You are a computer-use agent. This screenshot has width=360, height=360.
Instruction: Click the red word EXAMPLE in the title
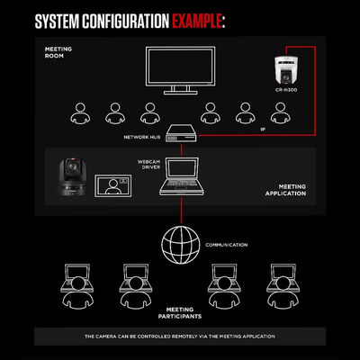coord(197,22)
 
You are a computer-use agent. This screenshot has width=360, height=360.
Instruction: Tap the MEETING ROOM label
coord(58,52)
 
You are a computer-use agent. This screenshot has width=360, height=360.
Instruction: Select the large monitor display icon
coord(181,70)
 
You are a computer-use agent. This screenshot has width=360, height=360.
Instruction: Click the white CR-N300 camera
coord(285,71)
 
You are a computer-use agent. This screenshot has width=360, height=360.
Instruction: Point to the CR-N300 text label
coord(286,90)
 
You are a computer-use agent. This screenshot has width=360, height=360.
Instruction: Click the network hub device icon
coord(182,134)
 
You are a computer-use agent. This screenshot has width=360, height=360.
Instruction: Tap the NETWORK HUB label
coord(142,137)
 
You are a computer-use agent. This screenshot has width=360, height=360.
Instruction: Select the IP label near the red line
coord(263,130)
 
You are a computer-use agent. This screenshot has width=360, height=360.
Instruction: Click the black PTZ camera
coord(72,177)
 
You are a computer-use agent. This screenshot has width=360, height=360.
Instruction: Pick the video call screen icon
coord(113,185)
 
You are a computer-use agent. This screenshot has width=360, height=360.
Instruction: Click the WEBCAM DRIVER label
coord(148,165)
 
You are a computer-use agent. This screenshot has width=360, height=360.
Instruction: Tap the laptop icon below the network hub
coord(182,176)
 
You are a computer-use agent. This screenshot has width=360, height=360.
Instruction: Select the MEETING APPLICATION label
coord(285,190)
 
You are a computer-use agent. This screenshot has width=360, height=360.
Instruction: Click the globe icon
coord(181,245)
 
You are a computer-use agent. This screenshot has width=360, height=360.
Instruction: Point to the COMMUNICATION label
coord(227,245)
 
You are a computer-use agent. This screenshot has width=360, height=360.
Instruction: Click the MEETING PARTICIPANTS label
coord(180,313)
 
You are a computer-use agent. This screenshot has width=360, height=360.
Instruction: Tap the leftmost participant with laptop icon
coord(77,285)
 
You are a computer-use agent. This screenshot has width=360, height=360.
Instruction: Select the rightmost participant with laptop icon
coord(283,285)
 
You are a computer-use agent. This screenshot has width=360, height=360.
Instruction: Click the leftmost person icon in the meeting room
coord(80,113)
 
